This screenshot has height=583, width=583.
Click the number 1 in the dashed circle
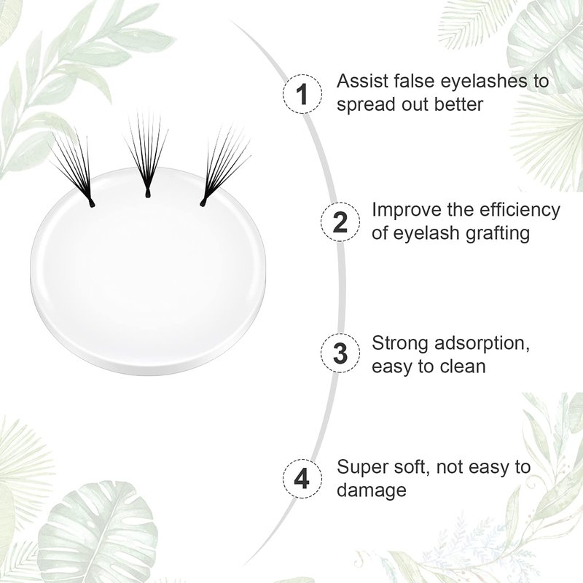click(x=303, y=94)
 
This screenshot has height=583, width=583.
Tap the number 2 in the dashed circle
click(x=340, y=222)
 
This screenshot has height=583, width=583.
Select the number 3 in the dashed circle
click(x=340, y=353)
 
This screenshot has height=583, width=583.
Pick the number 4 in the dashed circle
click(x=302, y=479)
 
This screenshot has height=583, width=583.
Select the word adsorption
click(x=482, y=343)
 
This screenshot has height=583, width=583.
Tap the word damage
click(x=372, y=490)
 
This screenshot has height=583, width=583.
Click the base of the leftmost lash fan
click(x=91, y=204)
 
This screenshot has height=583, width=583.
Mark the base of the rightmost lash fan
click(x=203, y=203)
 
